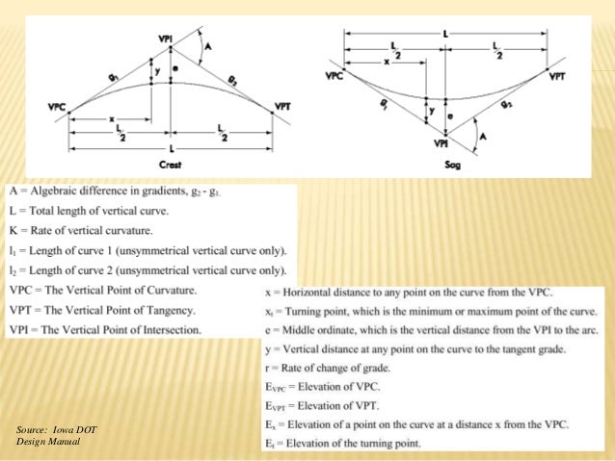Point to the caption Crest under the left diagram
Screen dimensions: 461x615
tap(172, 166)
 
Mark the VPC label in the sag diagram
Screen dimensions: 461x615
tap(334, 74)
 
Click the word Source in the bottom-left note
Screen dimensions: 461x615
tap(35, 427)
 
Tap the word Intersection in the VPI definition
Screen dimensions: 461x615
tap(168, 330)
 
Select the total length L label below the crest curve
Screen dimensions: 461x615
tap(172, 151)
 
